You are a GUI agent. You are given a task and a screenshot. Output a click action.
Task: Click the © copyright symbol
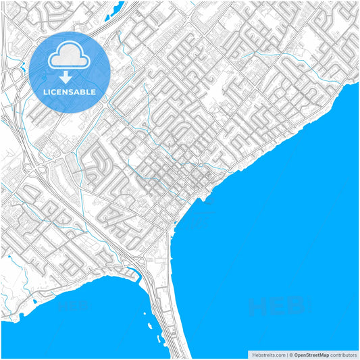[x=292, y=355]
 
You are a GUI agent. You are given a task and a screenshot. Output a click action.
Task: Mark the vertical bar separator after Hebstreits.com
[x=287, y=355]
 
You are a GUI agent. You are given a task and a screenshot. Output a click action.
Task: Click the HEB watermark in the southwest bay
[x=74, y=305]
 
